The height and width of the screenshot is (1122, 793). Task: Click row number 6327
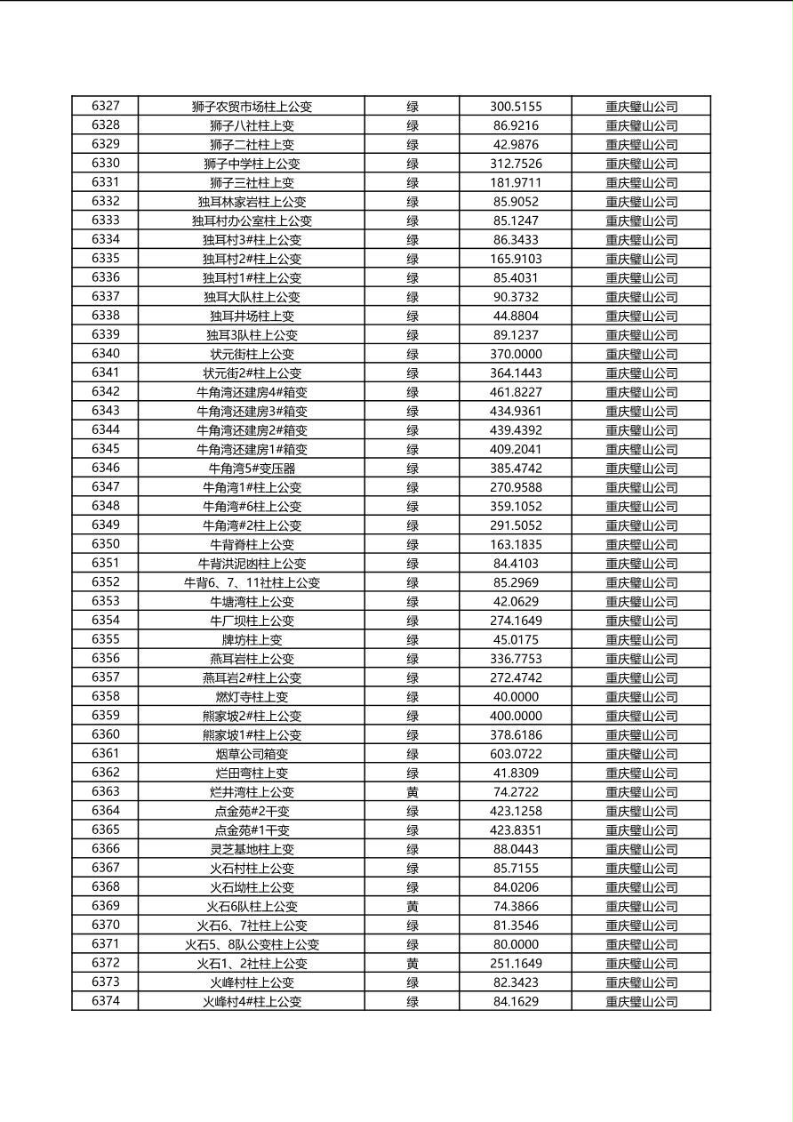click(105, 106)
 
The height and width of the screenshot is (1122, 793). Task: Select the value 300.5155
click(515, 107)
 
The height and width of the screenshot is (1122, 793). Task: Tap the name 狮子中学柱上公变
click(252, 164)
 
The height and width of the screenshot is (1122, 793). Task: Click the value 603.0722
click(515, 754)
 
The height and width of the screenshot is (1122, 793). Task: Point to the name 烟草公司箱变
click(252, 754)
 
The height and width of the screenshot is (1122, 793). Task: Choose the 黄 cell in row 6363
click(412, 792)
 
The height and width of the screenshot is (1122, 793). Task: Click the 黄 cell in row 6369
click(412, 906)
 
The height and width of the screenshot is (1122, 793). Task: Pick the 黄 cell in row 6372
click(412, 964)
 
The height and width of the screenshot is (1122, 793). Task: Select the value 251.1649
click(515, 964)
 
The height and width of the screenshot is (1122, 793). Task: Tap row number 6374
click(105, 1001)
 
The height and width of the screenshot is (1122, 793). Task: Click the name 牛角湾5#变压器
click(252, 469)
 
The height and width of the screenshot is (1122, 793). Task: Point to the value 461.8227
click(515, 392)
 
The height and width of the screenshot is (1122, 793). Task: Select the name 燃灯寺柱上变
click(252, 697)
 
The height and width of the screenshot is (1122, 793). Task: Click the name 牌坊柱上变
click(252, 640)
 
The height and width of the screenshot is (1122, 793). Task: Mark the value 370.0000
click(515, 354)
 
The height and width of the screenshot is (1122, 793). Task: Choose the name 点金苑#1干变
click(252, 830)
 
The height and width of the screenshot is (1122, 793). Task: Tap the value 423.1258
click(515, 811)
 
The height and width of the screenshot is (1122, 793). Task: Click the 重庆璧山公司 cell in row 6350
click(641, 545)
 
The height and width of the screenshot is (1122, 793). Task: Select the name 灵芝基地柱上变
click(252, 849)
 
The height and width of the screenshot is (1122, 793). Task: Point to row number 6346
click(105, 468)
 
